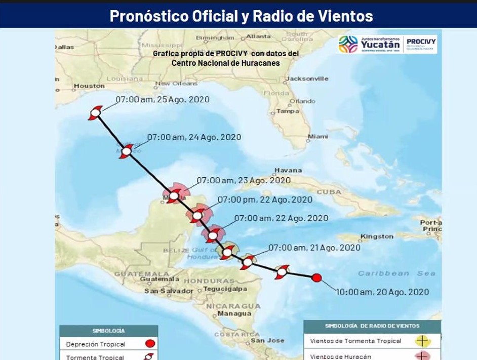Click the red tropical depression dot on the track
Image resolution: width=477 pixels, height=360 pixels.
[316, 277]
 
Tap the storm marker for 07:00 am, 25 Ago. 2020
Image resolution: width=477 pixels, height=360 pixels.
[95, 112]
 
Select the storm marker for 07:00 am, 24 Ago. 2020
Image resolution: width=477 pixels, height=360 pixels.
[127, 150]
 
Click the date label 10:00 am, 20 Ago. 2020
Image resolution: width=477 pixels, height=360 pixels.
[382, 292]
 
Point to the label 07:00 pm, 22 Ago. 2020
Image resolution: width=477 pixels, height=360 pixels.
[265, 199]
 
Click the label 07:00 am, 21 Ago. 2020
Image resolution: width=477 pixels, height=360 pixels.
[314, 248]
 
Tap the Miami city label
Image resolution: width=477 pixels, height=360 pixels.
[317, 136]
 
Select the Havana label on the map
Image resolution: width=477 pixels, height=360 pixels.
[288, 170]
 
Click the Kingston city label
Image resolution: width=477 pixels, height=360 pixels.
[377, 236]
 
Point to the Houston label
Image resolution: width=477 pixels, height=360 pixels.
[89, 86]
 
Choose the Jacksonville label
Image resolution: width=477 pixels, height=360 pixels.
[306, 79]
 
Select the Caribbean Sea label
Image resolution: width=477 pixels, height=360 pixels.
[396, 273]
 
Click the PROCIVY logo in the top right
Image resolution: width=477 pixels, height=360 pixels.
[422, 44]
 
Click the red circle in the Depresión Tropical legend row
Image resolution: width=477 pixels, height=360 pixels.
[149, 344]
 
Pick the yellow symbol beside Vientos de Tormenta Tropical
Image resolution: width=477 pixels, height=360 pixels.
[422, 341]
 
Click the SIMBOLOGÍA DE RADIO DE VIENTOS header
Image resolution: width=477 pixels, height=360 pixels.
[372, 326]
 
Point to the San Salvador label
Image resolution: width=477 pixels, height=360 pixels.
[169, 291]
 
